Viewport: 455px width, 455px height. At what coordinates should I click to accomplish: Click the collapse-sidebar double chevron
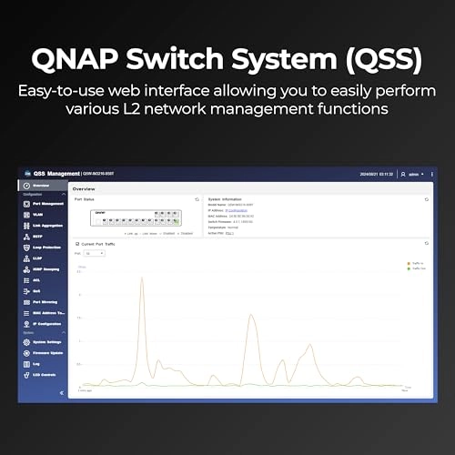pyautogui.click(x=61, y=392)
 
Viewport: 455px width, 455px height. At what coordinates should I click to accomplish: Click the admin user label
pyautogui.click(x=415, y=173)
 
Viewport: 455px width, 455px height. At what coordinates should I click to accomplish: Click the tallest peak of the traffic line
pyautogui.click(x=143, y=278)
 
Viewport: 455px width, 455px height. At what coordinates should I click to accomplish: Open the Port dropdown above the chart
pyautogui.click(x=95, y=253)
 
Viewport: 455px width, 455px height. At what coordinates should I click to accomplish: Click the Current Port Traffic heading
pyautogui.click(x=99, y=244)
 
